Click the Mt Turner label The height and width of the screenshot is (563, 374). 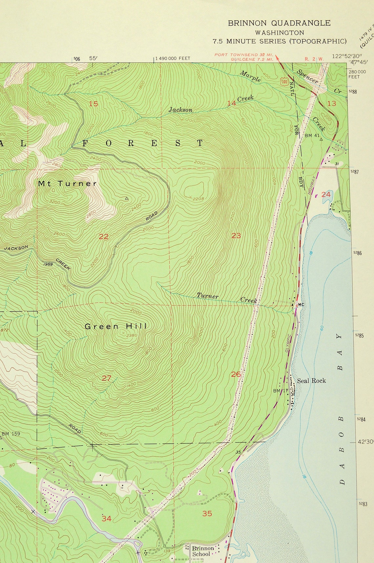[67, 184]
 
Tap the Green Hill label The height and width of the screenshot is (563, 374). [115, 326]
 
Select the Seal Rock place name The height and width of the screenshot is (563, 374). [311, 381]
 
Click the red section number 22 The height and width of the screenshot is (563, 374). [103, 236]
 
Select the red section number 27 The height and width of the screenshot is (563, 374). [106, 378]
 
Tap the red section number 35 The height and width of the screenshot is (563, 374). [207, 513]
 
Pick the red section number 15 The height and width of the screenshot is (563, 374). [93, 104]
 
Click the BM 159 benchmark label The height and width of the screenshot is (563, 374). [11, 434]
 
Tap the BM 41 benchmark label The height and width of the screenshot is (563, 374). [312, 135]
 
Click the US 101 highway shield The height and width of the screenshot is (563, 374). [284, 81]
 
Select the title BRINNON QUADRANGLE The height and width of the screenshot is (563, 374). [279, 23]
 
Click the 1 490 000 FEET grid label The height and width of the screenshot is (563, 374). [173, 58]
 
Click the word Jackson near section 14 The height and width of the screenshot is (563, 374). [180, 110]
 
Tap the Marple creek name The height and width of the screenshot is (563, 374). [250, 76]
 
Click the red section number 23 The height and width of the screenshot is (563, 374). [236, 236]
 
